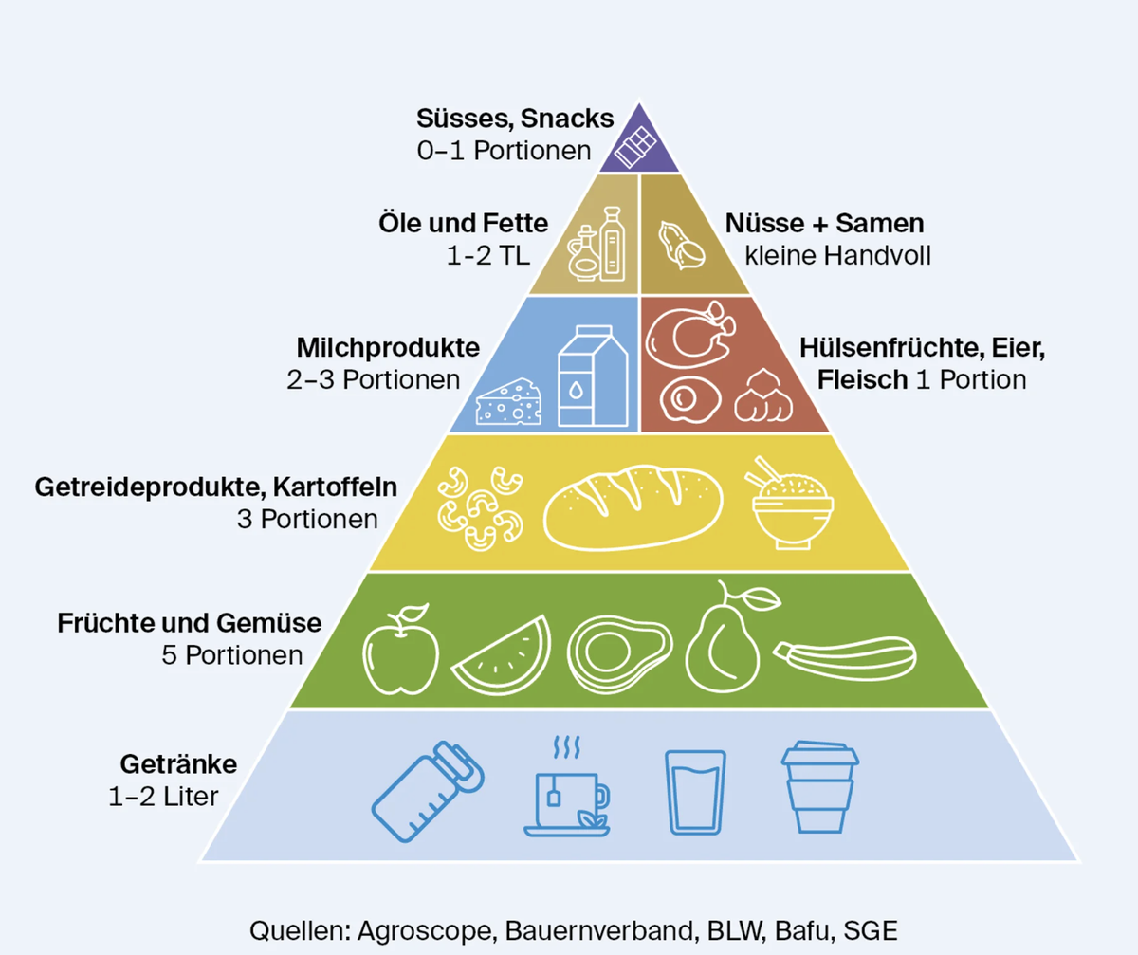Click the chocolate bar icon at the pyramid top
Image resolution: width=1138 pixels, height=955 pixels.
pyautogui.click(x=635, y=146)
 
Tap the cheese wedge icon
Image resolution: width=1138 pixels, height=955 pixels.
pyautogui.click(x=508, y=402)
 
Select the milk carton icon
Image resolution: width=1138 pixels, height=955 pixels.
pyautogui.click(x=593, y=376)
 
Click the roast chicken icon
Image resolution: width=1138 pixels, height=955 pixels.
pyautogui.click(x=690, y=335)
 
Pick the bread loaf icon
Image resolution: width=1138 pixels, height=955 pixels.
pyautogui.click(x=633, y=507)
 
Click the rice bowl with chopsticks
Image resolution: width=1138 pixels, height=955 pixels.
pyautogui.click(x=790, y=504)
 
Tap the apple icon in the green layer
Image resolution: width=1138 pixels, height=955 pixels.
pyautogui.click(x=401, y=650)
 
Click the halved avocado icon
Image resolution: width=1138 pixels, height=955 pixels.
pyautogui.click(x=619, y=654)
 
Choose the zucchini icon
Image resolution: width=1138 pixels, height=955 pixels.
pyautogui.click(x=845, y=658)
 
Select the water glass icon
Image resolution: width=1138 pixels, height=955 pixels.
pyautogui.click(x=695, y=792)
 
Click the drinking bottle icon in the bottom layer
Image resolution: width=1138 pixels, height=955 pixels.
pyautogui.click(x=428, y=792)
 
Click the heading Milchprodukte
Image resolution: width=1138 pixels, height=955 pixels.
pyautogui.click(x=388, y=348)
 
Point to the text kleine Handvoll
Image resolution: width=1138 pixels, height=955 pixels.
pyautogui.click(x=837, y=256)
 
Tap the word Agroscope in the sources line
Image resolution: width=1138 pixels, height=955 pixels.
pyautogui.click(x=428, y=931)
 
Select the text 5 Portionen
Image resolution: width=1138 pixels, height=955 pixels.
pyautogui.click(x=231, y=655)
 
